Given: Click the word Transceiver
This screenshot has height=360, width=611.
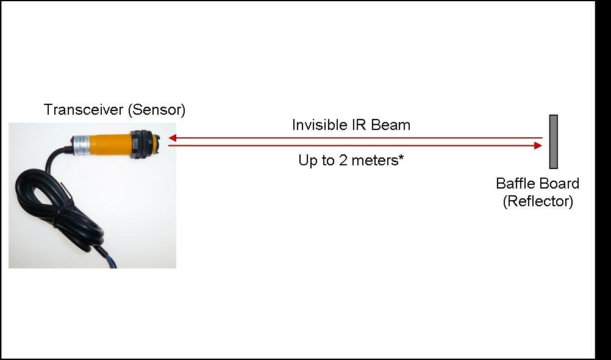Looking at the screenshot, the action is coord(84,110).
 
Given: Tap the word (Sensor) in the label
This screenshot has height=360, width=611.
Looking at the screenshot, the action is coord(157,110).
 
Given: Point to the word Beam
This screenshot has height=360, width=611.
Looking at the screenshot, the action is coord(391,125).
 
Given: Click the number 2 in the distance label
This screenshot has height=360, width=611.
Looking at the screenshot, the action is coord(343,160).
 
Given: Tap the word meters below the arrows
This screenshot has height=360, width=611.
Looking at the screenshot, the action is coord(374,160).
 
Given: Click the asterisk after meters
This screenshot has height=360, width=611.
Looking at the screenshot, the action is coord(401,157).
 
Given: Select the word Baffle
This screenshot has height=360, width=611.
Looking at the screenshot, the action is coord(515,183).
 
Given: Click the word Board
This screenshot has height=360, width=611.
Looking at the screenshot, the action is coord(559,183).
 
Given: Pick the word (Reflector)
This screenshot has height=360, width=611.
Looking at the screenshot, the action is coord(538,201).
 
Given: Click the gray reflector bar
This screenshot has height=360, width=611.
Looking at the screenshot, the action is coord(553,142).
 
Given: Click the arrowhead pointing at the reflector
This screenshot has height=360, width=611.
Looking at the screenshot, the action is coord(538,145).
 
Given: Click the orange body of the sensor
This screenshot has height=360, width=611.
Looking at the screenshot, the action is coord(110,145).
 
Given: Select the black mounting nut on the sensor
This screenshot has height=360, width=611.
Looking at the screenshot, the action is coord(141,145).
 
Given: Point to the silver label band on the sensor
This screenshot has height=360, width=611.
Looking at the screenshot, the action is coord(81,145).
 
